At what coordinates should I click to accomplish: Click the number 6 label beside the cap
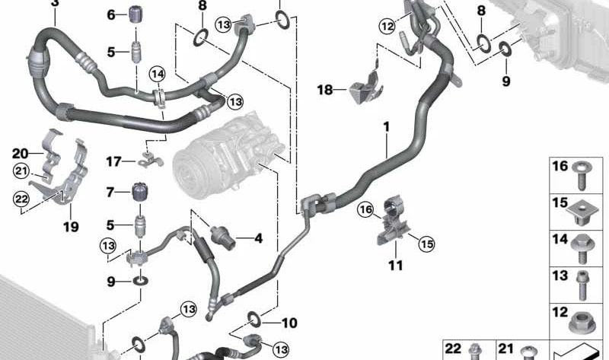(111, 15)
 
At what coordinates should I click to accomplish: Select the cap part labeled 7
(141, 191)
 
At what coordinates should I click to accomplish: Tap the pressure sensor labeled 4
(223, 237)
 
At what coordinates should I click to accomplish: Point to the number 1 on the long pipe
(386, 127)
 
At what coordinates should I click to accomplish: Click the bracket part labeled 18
(367, 88)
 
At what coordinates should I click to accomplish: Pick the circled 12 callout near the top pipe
(387, 26)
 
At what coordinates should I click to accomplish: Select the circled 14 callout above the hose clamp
(158, 74)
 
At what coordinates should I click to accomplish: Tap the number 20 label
(21, 154)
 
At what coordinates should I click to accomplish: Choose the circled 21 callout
(21, 171)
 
